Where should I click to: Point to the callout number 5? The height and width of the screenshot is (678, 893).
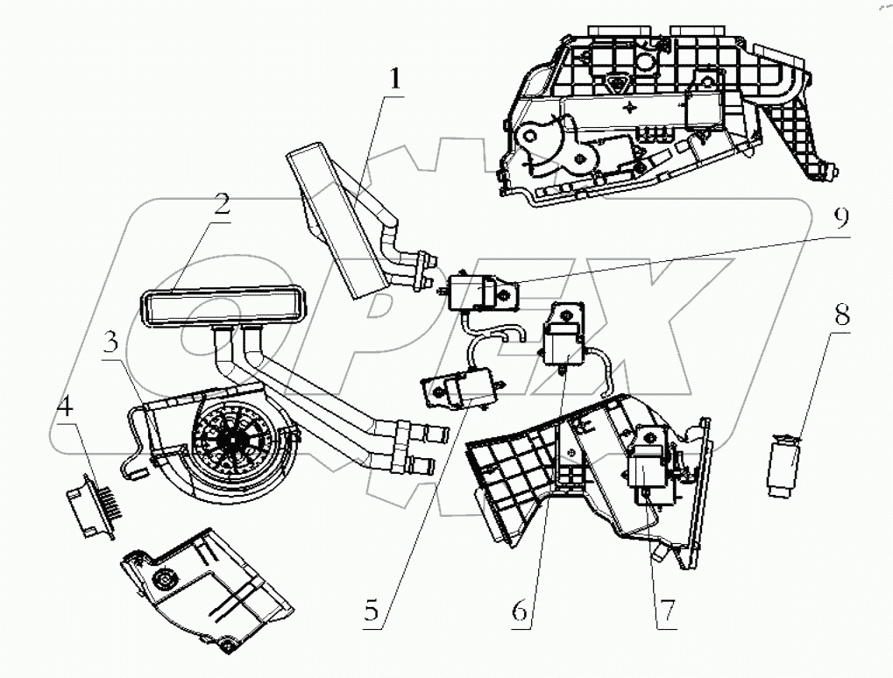(x=373, y=611)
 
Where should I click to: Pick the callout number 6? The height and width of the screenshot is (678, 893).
(x=520, y=611)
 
